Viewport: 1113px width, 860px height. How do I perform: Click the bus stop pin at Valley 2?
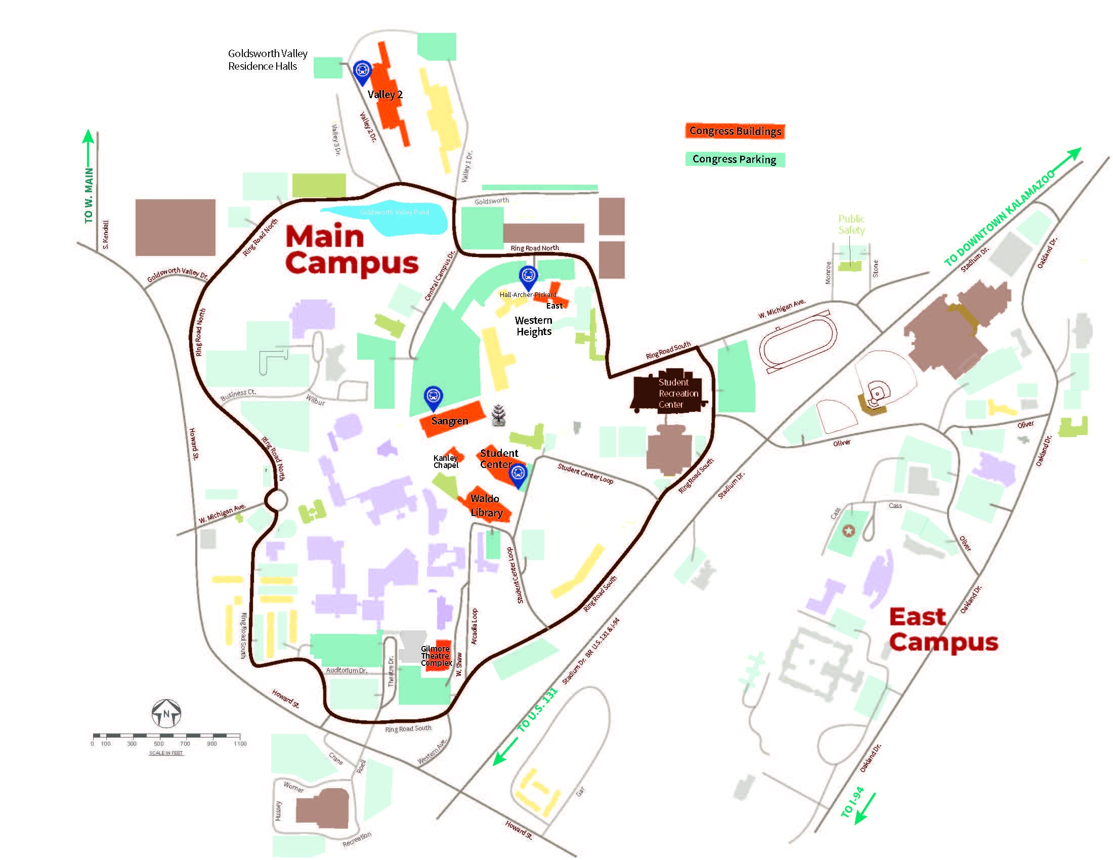(x=362, y=72)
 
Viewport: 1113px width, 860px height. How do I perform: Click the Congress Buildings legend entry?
(x=735, y=131)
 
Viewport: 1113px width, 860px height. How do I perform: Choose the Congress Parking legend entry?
(x=735, y=159)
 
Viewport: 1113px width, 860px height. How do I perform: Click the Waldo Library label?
(x=486, y=505)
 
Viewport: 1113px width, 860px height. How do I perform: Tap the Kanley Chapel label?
(x=446, y=461)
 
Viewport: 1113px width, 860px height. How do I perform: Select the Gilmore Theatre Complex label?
(x=436, y=656)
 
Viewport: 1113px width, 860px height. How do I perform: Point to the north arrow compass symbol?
(x=166, y=713)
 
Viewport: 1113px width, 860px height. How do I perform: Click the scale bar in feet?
(x=166, y=736)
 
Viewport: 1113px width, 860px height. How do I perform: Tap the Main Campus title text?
(x=351, y=250)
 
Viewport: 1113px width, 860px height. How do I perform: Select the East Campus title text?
(x=943, y=630)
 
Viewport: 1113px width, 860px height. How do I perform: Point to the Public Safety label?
(x=851, y=224)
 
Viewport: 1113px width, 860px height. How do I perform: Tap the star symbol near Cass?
(x=848, y=531)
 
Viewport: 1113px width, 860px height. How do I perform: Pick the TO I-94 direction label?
(x=852, y=803)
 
